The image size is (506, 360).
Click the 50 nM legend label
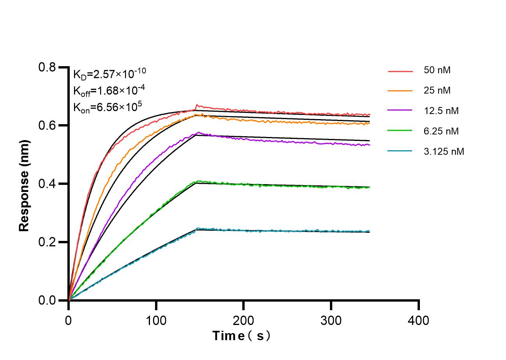click(437, 70)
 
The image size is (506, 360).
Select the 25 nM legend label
click(437, 91)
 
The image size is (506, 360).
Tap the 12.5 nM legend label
click(441, 111)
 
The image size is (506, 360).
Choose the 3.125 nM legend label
click(444, 151)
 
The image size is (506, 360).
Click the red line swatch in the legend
click(400, 71)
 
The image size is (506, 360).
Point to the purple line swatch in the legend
click(400, 111)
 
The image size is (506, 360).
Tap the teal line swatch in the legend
click(400, 151)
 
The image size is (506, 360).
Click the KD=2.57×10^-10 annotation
click(109, 73)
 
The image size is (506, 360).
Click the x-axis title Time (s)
click(241, 335)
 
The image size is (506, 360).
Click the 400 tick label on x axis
click(418, 321)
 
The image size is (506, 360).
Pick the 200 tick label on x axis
click(243, 321)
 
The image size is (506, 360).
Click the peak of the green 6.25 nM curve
click(199, 181)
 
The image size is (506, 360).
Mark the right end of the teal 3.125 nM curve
click(369, 231)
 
